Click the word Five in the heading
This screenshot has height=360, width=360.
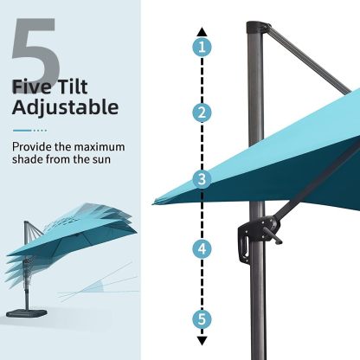(x=35, y=87)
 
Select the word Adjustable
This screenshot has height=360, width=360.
(x=65, y=108)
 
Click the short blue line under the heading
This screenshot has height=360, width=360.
(x=25, y=131)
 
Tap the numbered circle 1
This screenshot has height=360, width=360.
(x=202, y=47)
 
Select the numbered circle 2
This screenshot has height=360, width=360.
(x=202, y=112)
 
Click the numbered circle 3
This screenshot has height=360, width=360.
(x=202, y=180)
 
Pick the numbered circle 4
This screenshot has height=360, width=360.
(x=202, y=248)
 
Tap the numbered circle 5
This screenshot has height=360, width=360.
(x=202, y=318)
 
